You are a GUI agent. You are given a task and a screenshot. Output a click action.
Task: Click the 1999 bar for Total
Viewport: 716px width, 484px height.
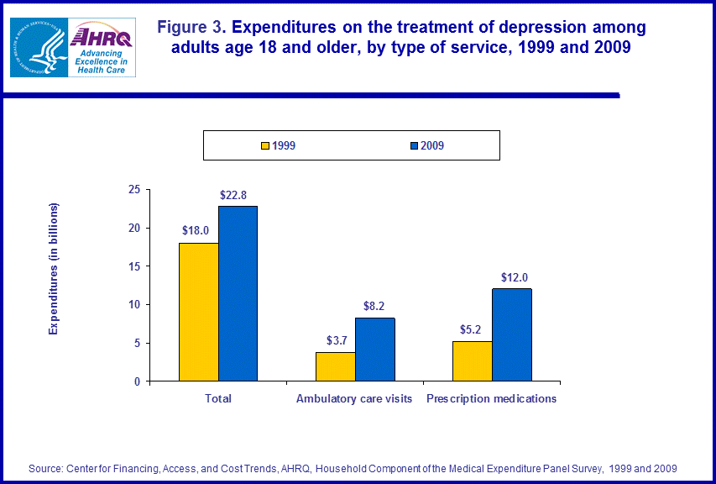click(x=199, y=312)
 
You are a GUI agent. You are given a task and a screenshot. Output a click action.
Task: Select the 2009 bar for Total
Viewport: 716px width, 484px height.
click(x=238, y=293)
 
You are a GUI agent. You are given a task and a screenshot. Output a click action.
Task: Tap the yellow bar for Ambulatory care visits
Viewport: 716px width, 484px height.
click(x=335, y=366)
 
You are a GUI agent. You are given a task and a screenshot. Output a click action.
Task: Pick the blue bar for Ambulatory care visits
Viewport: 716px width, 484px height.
click(x=374, y=350)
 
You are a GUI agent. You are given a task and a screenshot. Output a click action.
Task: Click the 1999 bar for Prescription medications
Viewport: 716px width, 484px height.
click(x=472, y=360)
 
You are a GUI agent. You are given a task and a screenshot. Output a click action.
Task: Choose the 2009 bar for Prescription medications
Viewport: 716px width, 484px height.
click(x=512, y=334)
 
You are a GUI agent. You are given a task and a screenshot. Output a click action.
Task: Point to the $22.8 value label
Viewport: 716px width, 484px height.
click(x=233, y=195)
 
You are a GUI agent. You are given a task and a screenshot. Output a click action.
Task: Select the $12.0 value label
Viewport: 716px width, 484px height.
click(x=515, y=277)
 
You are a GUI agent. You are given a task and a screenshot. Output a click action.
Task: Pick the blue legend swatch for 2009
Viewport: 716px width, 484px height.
click(x=414, y=145)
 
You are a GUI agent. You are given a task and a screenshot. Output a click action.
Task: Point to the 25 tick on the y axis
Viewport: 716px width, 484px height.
click(x=134, y=190)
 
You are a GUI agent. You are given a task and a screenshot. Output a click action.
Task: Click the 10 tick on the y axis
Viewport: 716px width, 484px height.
click(x=134, y=305)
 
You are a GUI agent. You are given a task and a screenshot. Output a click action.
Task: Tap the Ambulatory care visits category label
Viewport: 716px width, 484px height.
click(x=354, y=398)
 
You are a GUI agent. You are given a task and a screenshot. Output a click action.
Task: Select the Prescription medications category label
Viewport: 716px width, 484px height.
click(x=491, y=398)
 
